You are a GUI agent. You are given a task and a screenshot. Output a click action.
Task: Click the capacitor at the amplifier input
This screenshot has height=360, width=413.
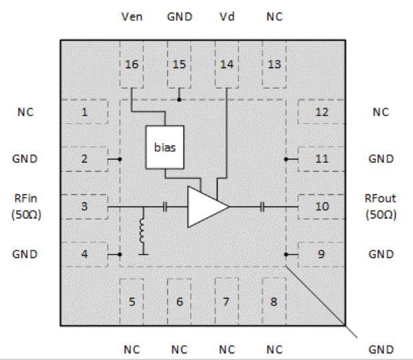coord(165,207)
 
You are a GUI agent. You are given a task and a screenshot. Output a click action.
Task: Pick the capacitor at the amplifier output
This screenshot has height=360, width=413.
coord(264,207)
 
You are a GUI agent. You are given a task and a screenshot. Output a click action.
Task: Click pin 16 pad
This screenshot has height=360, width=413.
coord(131,64)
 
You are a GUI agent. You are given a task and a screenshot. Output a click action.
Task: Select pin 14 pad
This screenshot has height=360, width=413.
coord(226,64)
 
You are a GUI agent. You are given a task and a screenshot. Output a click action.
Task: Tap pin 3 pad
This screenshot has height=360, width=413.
coord(85,206)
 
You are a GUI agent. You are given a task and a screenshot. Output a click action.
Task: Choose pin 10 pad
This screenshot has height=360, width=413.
coord(322,206)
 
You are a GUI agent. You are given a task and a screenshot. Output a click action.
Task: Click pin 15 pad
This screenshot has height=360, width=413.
coord(179,64)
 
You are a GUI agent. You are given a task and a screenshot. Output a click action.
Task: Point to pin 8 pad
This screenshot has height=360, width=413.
coord(274,301)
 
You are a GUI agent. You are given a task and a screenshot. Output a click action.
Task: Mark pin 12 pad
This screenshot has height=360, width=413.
coord(322,112)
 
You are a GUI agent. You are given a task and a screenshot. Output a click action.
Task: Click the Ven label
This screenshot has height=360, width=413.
coord(131,16)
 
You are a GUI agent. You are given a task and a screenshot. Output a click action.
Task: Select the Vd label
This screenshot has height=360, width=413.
coord(226,16)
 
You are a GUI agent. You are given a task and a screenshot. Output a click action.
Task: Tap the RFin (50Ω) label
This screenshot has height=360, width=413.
coord(24,206)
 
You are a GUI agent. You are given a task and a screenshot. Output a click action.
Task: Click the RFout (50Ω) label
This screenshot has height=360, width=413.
coord(380,206)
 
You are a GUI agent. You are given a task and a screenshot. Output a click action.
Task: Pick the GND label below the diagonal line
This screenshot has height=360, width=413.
coord(380,349)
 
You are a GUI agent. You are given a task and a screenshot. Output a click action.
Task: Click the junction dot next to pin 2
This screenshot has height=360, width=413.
coord(119,159)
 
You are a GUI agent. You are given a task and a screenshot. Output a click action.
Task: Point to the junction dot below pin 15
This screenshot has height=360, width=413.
coord(179,100)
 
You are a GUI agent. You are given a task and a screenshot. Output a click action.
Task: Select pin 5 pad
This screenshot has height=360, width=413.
coord(131,301)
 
